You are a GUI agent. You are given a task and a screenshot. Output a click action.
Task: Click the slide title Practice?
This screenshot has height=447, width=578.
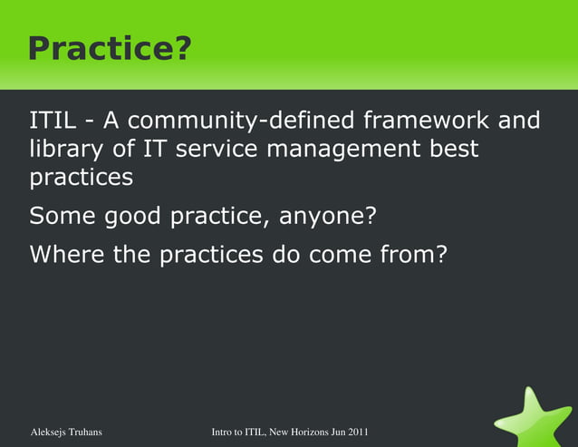click(110, 49)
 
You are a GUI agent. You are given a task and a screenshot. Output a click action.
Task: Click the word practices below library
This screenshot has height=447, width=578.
click(81, 177)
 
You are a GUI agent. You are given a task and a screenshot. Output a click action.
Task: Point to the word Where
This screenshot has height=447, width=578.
click(66, 255)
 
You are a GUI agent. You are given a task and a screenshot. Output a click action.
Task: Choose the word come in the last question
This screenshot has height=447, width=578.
click(333, 255)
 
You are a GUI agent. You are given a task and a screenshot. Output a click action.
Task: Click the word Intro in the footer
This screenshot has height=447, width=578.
click(225, 432)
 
